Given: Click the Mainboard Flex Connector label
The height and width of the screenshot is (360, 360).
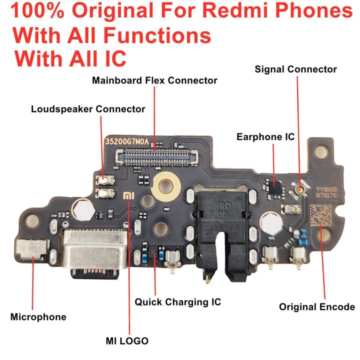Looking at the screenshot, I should point(154,80).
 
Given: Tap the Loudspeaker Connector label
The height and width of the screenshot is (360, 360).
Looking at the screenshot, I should point(88,109).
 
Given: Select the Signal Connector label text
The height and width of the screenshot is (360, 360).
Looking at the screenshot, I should point(295,69).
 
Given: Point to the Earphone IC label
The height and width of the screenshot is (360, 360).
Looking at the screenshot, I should point(265,136).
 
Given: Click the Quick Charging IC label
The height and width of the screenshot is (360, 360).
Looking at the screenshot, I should point(177,302).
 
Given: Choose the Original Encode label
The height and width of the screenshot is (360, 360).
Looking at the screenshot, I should point(317,307).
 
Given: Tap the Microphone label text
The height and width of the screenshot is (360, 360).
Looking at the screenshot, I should point(38,317).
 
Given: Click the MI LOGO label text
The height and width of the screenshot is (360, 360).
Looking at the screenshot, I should point(127,341).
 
